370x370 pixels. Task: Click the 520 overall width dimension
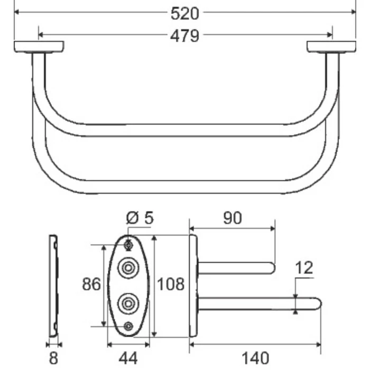click(184, 12)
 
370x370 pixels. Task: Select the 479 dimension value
click(184, 35)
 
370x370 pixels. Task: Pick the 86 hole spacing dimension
click(91, 285)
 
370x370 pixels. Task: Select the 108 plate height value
click(171, 285)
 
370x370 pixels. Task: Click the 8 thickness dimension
click(53, 358)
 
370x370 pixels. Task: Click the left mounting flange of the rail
click(39, 47)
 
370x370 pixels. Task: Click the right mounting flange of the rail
click(331, 47)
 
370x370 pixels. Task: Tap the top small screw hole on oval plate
click(128, 245)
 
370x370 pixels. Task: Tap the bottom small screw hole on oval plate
click(128, 326)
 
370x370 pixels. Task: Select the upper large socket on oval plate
click(128, 267)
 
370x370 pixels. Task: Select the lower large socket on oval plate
click(128, 303)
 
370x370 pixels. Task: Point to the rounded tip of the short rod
click(272, 268)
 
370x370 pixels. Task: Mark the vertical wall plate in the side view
click(193, 285)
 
